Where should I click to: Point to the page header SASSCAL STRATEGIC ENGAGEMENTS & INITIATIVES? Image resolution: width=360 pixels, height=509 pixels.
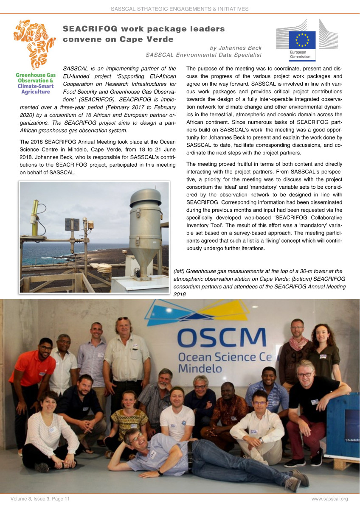[180, 8]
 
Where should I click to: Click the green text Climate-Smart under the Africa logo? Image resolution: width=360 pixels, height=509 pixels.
[35, 86]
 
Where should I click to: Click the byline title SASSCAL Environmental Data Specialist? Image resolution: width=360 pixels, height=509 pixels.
[203, 55]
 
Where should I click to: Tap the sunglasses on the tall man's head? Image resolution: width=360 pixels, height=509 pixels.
[123, 319]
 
